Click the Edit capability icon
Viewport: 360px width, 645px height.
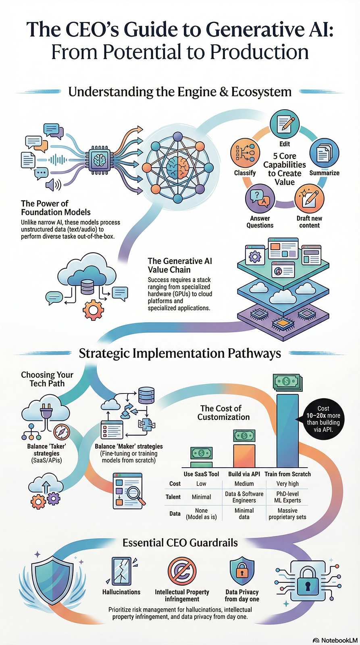[x=284, y=124]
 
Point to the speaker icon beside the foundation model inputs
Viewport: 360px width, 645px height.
[x=53, y=185]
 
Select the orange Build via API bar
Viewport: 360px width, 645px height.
[x=244, y=455]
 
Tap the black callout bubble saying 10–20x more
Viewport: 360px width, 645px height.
[x=323, y=419]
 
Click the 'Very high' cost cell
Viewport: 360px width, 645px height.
[x=287, y=483]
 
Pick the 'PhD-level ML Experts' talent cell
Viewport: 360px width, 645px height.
[x=287, y=497]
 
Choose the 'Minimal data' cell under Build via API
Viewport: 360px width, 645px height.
[x=244, y=514]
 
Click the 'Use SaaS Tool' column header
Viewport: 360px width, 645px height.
[x=201, y=474]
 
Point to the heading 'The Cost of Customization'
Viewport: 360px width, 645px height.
[x=223, y=413]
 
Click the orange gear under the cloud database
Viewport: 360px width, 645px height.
[x=93, y=310]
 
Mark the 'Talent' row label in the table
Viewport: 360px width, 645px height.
[x=173, y=497]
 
